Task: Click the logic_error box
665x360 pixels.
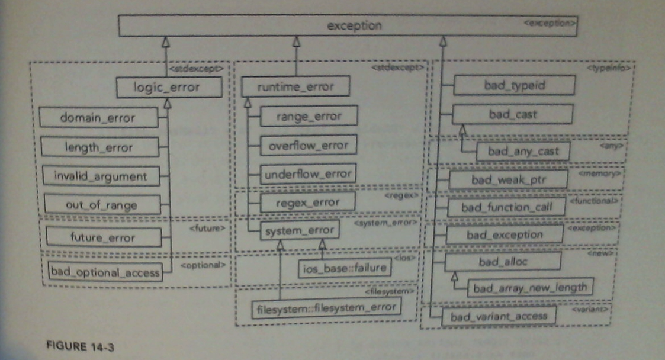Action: (169, 88)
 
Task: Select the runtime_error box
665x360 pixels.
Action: (295, 88)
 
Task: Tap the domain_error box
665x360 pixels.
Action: (98, 118)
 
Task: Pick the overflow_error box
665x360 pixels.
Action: (309, 144)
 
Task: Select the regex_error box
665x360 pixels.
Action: (308, 202)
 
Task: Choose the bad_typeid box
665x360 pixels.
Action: (514, 85)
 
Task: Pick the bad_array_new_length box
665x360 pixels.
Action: (530, 287)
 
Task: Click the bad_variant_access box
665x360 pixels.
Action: (499, 316)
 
